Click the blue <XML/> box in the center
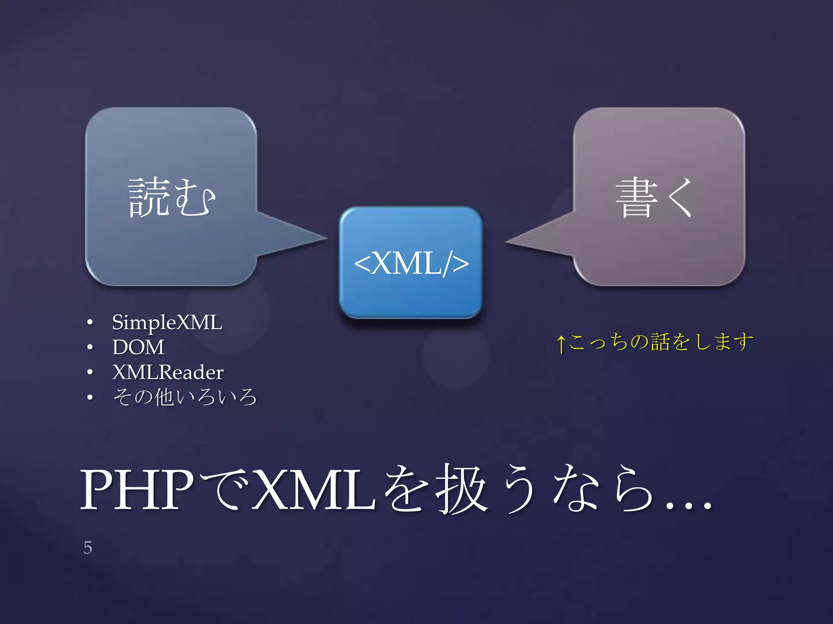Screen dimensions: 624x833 [x=411, y=262]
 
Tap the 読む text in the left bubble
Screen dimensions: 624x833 [x=171, y=197]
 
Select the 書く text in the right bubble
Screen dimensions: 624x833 [x=654, y=197]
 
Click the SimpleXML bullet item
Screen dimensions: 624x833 [x=167, y=322]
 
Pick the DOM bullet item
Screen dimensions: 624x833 [x=138, y=347]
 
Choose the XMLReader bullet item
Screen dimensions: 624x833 [x=168, y=372]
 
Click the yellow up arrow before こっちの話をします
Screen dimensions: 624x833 [x=561, y=343]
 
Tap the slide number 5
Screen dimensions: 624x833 [x=88, y=548]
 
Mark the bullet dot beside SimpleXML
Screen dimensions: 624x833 [x=90, y=323]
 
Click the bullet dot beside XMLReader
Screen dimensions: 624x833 [x=90, y=373]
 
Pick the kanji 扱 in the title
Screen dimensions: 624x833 [x=461, y=490]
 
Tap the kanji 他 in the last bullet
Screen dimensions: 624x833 [x=164, y=397]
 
